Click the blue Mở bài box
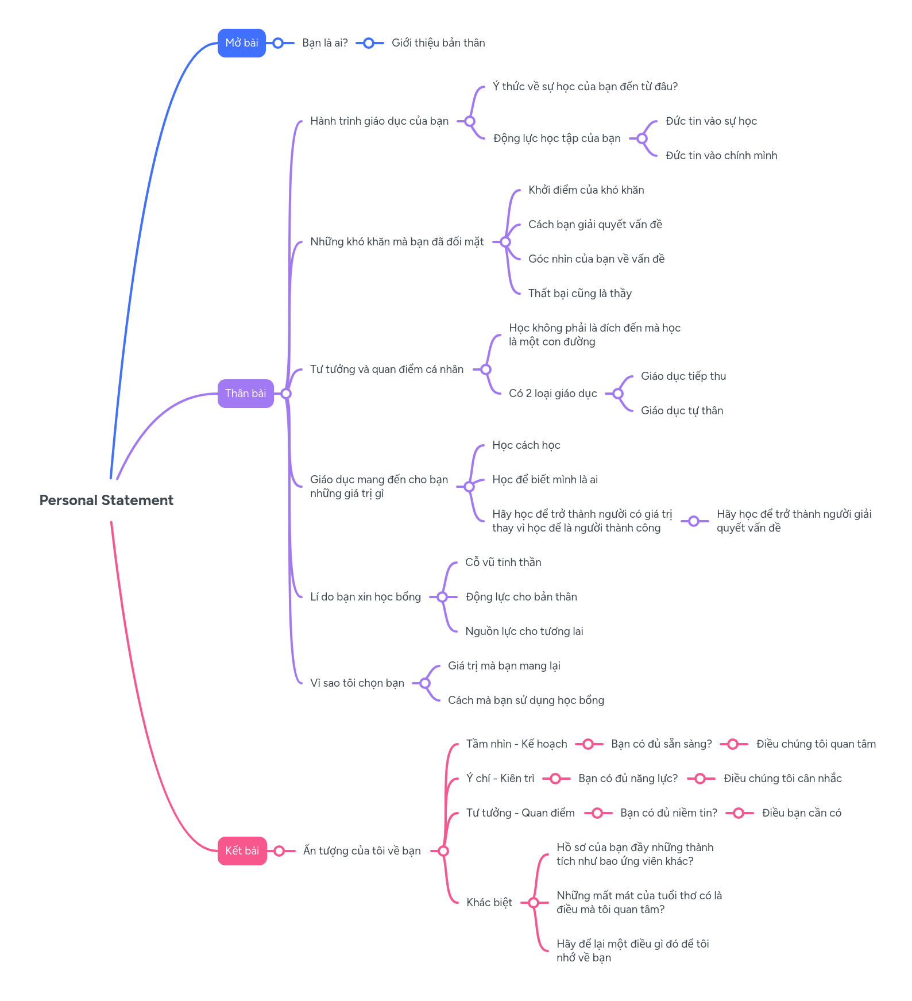pos(241,43)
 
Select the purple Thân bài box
pos(245,394)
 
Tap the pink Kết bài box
pos(242,851)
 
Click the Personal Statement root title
pos(106,500)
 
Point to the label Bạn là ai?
pos(324,43)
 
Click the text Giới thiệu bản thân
pos(438,43)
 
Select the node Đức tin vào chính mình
pos(721,156)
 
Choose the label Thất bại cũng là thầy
pos(579,294)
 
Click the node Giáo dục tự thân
pos(682,411)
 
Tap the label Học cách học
pos(525,445)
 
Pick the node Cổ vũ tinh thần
pos(503,563)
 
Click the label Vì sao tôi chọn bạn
pos(357,683)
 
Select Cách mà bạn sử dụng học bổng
pos(525,700)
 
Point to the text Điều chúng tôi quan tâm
pos(816,744)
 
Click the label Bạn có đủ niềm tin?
pos(668,813)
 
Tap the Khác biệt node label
pos(489,903)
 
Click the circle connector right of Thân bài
pos(286,394)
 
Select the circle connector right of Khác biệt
pos(534,903)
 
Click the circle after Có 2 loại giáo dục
pos(618,394)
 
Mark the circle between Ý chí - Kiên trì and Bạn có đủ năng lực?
pos(555,779)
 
